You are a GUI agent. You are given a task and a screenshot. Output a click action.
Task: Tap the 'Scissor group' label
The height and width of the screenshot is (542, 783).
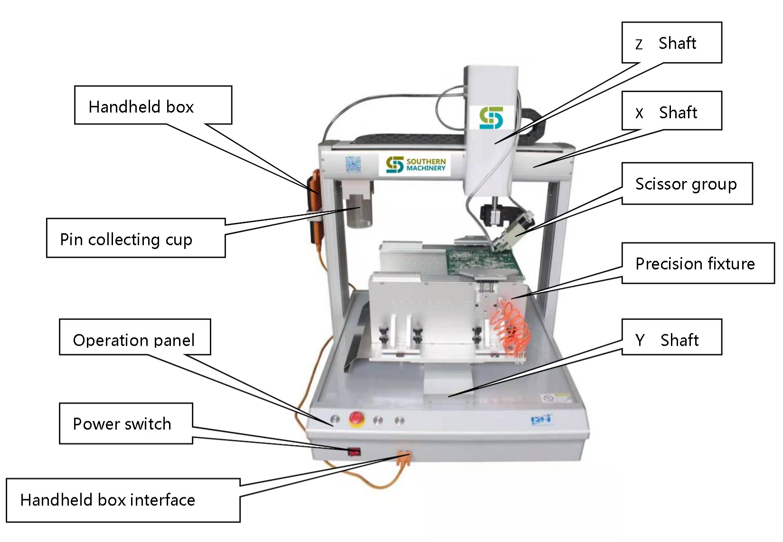(x=687, y=183)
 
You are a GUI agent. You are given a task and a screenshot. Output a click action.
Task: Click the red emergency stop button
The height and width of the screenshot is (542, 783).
(x=356, y=418)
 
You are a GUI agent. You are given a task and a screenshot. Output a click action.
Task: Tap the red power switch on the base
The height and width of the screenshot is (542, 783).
(x=354, y=451)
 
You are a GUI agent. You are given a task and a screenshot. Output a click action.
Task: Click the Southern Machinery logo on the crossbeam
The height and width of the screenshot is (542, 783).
(x=415, y=164)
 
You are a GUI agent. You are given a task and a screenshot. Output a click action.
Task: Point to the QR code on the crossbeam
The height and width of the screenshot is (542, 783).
(x=353, y=164)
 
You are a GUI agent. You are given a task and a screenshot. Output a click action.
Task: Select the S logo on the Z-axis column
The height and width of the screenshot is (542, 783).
(x=491, y=118)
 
